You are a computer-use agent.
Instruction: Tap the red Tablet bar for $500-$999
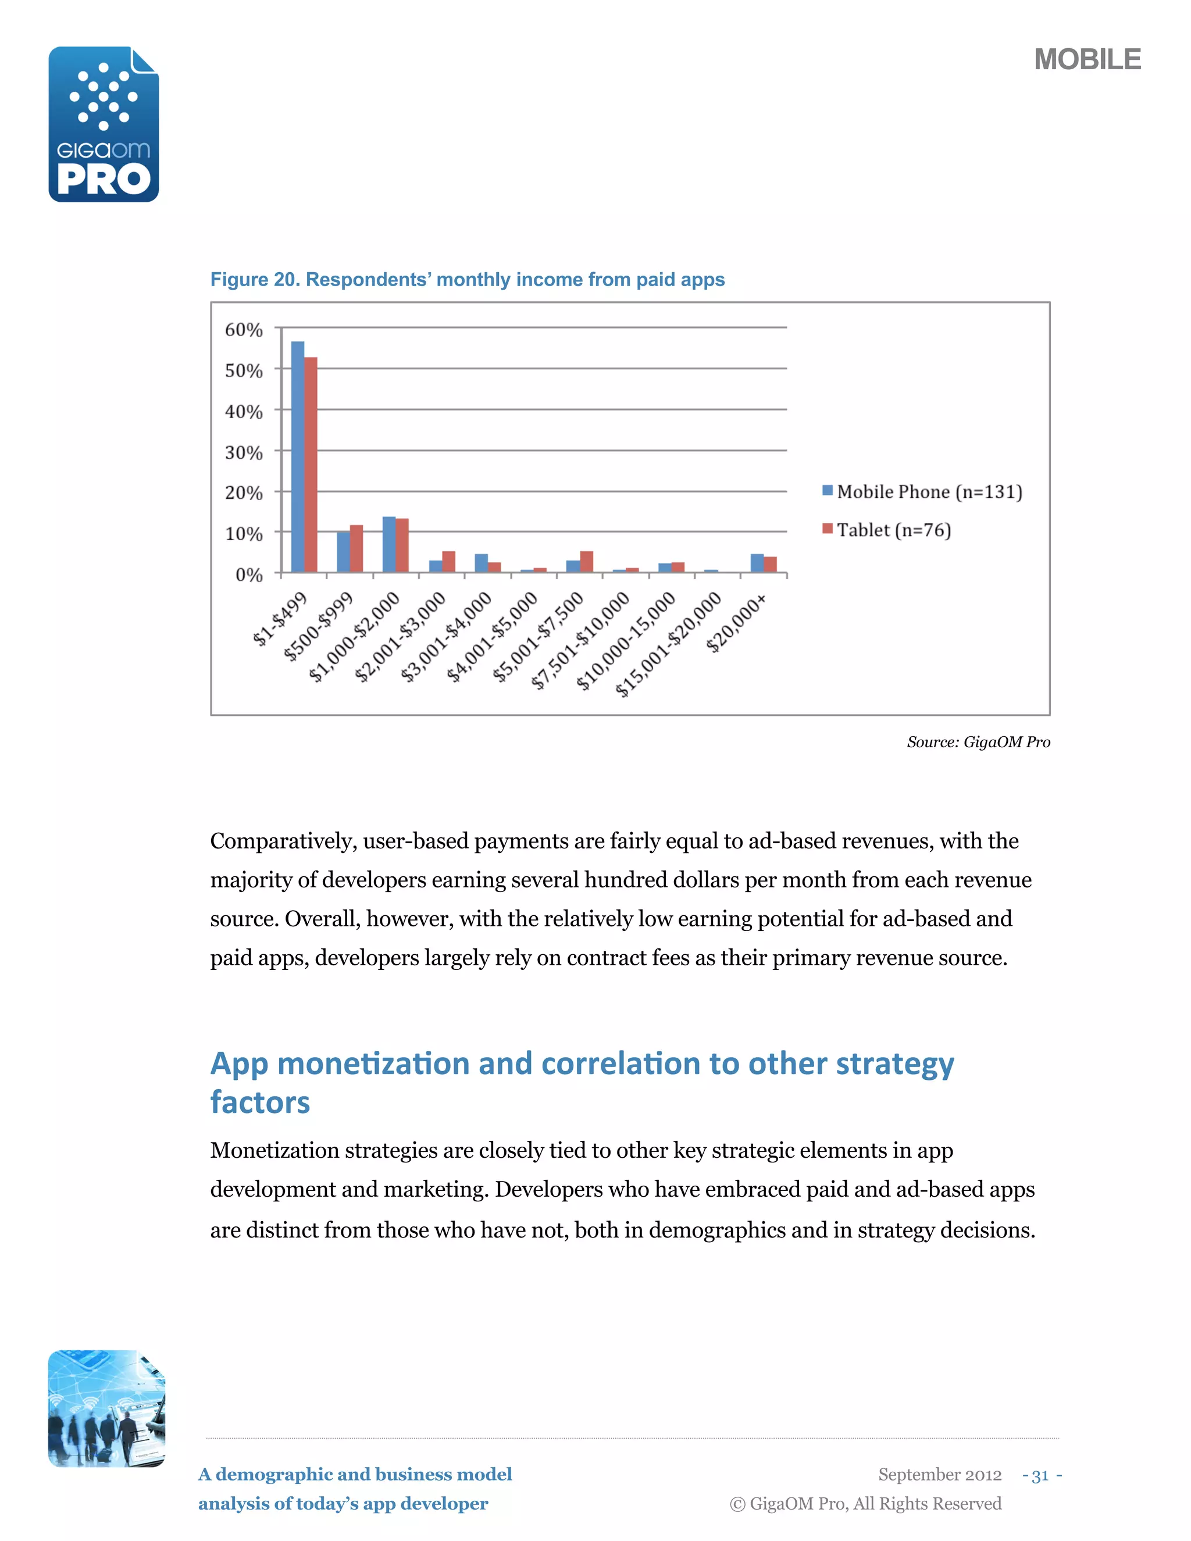[356, 548]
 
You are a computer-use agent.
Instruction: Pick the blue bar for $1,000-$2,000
[389, 544]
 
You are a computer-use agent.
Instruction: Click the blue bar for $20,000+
[757, 563]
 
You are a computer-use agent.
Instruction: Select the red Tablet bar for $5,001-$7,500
[586, 561]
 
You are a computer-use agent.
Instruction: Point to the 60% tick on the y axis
[244, 330]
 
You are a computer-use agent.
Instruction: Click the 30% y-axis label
[244, 452]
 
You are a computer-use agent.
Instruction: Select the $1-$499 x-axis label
[281, 619]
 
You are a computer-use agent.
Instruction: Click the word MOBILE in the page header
[1086, 59]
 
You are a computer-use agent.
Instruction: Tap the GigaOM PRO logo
[104, 125]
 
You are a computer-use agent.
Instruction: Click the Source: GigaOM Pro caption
[978, 741]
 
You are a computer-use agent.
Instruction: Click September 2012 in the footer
[939, 1475]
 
